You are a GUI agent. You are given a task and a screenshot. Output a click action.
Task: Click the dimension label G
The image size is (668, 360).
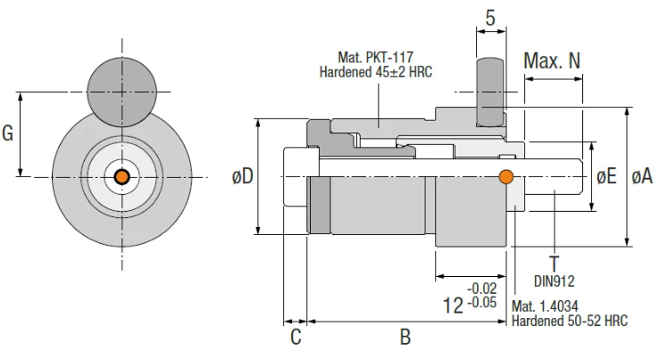click(x=8, y=134)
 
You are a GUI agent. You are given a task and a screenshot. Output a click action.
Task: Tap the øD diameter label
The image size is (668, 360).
click(x=242, y=177)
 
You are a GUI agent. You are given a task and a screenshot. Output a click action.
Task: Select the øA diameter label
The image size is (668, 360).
click(x=642, y=177)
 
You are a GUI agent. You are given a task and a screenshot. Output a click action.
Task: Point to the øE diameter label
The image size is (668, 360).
click(x=607, y=177)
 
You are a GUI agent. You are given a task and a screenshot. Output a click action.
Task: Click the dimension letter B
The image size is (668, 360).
click(x=405, y=338)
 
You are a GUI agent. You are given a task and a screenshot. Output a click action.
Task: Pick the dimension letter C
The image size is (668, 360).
click(x=295, y=338)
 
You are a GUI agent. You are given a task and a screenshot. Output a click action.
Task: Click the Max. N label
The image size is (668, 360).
click(x=552, y=61)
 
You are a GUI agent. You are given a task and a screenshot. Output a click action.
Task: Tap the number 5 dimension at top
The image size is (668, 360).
click(x=491, y=17)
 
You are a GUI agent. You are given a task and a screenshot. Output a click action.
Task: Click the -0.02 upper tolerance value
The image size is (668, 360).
click(x=483, y=288)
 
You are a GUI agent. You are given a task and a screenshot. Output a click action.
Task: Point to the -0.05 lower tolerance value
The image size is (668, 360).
click(x=483, y=302)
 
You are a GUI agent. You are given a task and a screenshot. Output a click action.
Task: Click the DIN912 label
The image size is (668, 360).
click(x=555, y=280)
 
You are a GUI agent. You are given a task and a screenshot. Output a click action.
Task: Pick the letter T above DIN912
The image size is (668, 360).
click(x=555, y=264)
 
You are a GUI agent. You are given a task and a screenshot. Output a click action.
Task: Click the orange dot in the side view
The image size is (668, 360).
click(x=506, y=176)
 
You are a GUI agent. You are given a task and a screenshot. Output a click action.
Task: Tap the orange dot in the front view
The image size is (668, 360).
click(x=121, y=177)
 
